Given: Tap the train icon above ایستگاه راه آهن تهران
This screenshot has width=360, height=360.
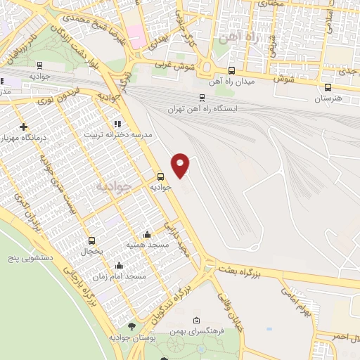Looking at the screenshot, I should [x=202, y=98].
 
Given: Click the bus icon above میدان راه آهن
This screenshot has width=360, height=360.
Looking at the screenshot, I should [x=232, y=70].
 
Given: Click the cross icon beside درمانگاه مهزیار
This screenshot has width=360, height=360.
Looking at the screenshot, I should [x=24, y=127].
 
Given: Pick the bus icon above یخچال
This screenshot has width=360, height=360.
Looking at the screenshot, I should [x=91, y=240].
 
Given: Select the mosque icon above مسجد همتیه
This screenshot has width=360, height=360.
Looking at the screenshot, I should [x=146, y=234].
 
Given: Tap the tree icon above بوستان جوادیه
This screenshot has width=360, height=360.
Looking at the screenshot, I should [x=131, y=326].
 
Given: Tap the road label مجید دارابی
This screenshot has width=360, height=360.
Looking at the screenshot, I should [x=177, y=240].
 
